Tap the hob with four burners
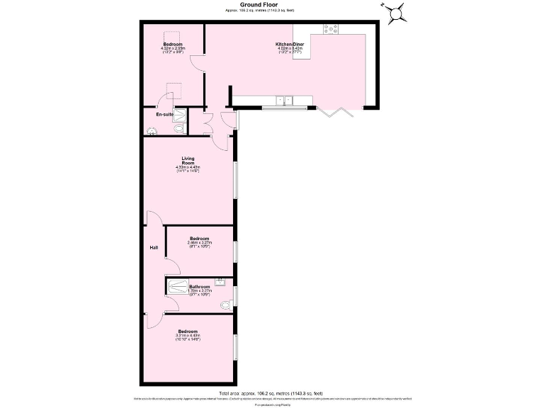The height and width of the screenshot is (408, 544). tap(331, 29)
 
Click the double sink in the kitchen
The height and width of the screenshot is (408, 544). tap(285, 100)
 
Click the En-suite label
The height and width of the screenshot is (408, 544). tap(165, 114)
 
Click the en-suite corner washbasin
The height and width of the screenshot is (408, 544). tap(152, 130)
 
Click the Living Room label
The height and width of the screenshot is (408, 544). tap(188, 161)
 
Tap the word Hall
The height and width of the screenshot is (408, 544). tap(153, 247)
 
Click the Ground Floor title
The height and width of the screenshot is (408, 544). tap(264, 4)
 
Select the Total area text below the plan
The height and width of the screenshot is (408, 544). tap(271, 392)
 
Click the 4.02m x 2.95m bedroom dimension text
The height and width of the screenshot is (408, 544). tap(174, 48)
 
